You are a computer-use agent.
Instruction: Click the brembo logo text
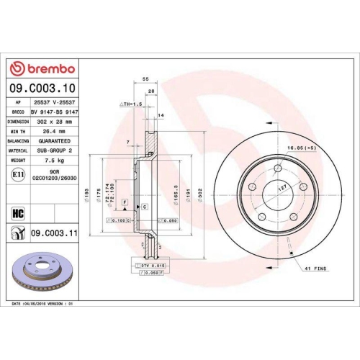[x=48, y=68]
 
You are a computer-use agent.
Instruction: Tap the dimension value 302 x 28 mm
[x=53, y=122]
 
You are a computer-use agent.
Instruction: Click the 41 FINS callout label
[x=316, y=268]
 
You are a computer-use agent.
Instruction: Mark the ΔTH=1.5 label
[x=130, y=104]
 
